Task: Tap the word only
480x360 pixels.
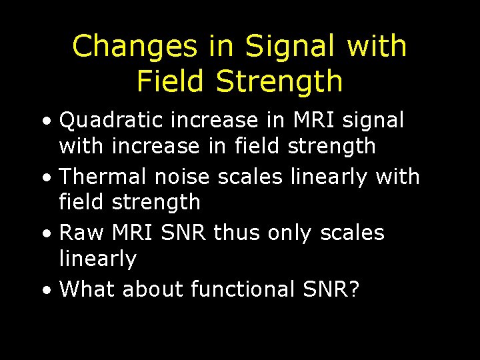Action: (291, 234)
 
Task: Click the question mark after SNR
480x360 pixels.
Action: (352, 289)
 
